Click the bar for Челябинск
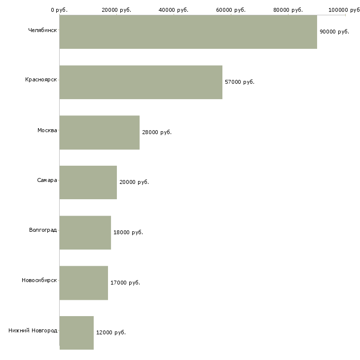(188, 32)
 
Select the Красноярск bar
(141, 82)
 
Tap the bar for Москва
(100, 133)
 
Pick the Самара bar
(88, 182)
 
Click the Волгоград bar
(85, 233)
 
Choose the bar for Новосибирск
(84, 283)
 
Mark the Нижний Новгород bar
(76, 333)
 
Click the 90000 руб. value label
(334, 32)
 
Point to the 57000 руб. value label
(240, 82)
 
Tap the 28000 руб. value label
(157, 132)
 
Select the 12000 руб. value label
(111, 332)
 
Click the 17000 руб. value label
(125, 283)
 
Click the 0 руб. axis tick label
(59, 10)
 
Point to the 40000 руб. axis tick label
(173, 10)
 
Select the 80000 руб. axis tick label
(288, 10)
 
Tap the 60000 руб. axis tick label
(231, 10)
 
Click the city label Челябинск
(42, 30)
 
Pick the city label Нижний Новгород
(33, 330)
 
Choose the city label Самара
(47, 180)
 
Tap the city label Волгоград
(43, 230)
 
